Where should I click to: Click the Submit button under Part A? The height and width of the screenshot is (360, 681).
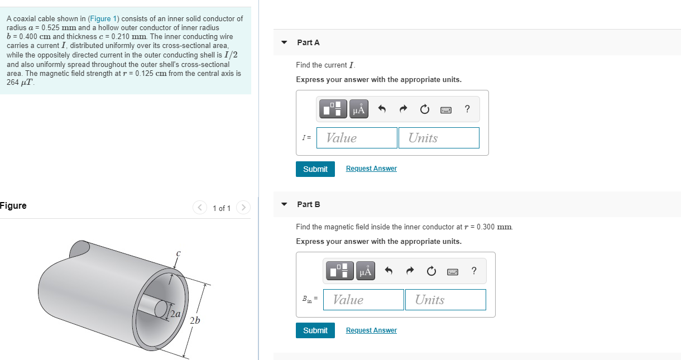point(315,169)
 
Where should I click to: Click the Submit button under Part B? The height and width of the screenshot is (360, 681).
point(315,330)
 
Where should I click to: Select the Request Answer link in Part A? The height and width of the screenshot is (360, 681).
point(371,169)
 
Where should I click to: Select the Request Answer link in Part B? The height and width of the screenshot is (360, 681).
point(371,330)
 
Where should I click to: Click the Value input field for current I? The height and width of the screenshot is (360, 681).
point(357,138)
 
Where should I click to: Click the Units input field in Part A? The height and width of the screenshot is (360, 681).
point(438,138)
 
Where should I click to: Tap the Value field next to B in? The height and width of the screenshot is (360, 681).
point(363,300)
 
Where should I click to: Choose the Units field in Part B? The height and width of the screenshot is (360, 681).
point(445,300)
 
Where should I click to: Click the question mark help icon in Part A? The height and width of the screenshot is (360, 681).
point(467,109)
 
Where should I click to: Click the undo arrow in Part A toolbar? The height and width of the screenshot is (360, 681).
point(382,109)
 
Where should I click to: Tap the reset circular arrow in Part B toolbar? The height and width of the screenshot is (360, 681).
point(431,271)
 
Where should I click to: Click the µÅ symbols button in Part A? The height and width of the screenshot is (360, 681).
point(359,109)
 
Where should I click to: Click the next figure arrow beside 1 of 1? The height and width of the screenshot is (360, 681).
point(243,208)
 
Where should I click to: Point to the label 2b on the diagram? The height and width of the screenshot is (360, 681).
point(195,320)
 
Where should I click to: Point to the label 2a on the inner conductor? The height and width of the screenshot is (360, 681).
point(175,314)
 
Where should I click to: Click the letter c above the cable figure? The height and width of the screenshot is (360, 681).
point(178,253)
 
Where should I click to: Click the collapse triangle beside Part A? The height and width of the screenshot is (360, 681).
point(284,42)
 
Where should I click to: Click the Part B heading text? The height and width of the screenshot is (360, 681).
point(308,204)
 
